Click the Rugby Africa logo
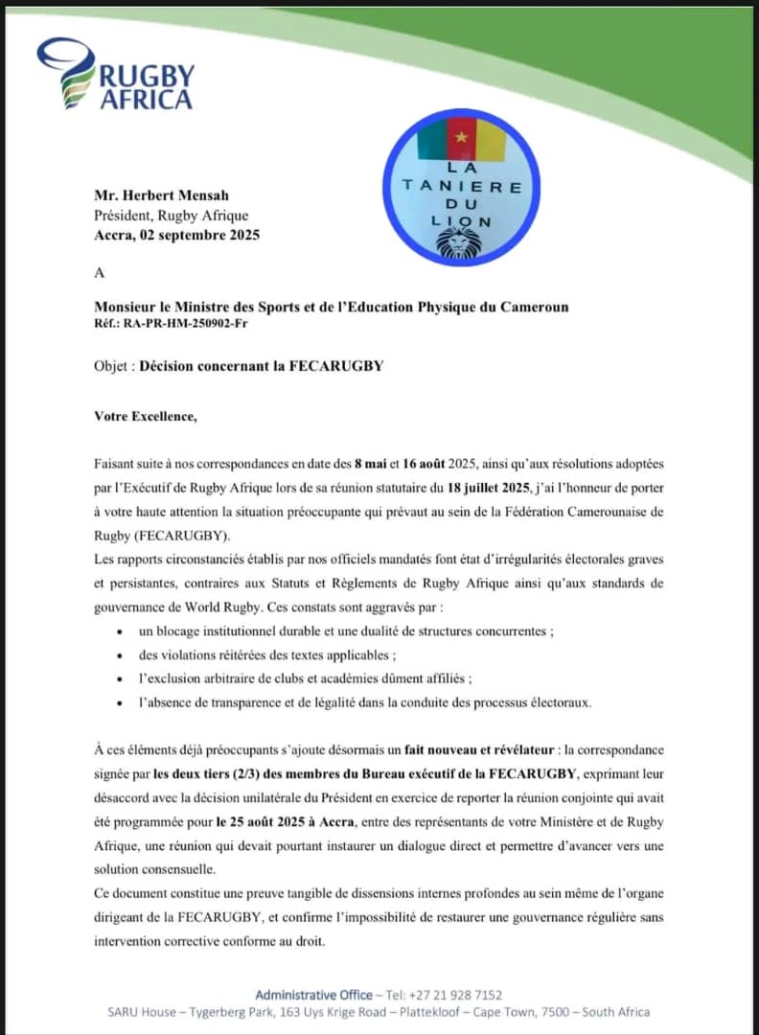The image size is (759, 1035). click(x=115, y=75)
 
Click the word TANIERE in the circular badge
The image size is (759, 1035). click(x=463, y=187)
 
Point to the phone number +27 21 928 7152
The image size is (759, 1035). click(x=457, y=995)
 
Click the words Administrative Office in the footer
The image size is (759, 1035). click(x=313, y=995)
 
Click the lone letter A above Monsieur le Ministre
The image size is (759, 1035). click(x=99, y=273)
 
